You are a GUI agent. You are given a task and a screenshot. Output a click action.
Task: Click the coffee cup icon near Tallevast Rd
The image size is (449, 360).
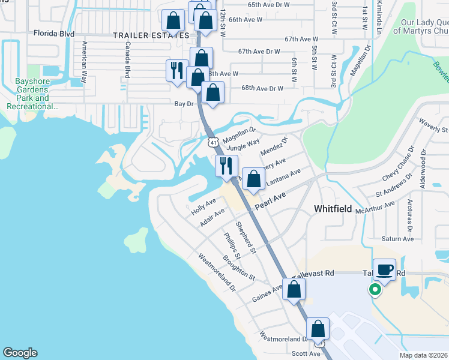click(x=384, y=269)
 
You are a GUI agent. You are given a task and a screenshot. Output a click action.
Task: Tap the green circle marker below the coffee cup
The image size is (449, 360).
click(x=375, y=291)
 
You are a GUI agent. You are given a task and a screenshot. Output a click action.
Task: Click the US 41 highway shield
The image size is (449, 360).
click(x=213, y=142)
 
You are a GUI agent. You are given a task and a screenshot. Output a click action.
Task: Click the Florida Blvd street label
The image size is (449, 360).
click(x=54, y=34)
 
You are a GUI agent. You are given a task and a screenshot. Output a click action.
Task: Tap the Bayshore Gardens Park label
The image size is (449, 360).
click(x=32, y=98)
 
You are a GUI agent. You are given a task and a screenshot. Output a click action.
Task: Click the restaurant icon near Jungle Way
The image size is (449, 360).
click(x=226, y=166)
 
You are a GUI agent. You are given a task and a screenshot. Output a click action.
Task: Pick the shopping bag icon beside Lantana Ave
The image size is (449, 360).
click(x=254, y=179)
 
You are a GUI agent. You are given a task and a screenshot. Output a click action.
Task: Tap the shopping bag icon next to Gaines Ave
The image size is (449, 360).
click(x=294, y=289)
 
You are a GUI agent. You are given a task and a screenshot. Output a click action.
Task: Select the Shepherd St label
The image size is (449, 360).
click(x=246, y=237)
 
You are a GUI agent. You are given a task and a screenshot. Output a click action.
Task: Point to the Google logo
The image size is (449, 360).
click(x=19, y=353)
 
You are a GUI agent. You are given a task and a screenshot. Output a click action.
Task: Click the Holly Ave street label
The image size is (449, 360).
click(x=203, y=208)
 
